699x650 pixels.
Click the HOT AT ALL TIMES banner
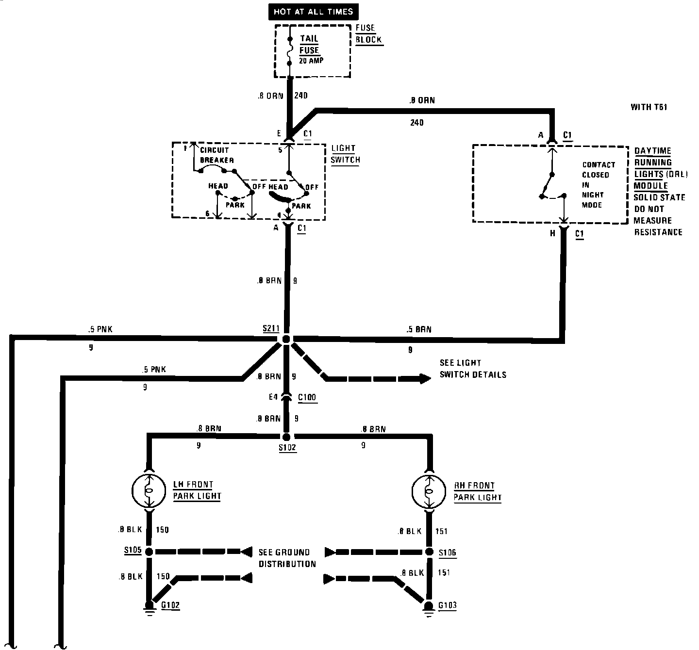313,11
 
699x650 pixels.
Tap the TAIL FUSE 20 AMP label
309,49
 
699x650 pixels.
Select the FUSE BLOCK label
368,34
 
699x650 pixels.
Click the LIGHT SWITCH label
345,154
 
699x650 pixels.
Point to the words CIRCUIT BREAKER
216,155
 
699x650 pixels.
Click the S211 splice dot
286,339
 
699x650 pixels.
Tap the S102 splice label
287,448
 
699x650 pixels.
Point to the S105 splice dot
150,552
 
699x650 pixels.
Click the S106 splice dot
429,552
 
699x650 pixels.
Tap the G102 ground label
170,605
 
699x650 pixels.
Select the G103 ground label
447,605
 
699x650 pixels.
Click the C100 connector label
307,397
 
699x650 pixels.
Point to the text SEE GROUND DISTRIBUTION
287,558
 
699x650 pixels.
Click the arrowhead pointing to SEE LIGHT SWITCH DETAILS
425,378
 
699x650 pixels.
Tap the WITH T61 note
649,107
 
